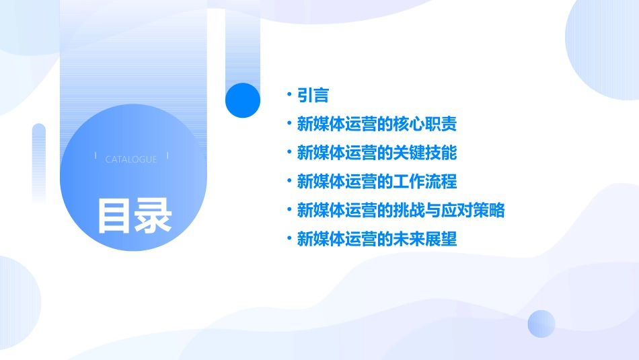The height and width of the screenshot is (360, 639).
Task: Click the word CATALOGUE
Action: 131,159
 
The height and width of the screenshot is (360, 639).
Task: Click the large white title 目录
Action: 135,215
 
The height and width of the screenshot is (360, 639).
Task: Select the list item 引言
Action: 313,96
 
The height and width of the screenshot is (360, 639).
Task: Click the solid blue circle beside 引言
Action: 243,100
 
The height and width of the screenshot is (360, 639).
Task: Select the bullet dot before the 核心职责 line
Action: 289,124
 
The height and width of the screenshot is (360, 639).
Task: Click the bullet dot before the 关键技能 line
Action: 289,153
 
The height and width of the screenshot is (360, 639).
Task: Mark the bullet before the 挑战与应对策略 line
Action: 289,210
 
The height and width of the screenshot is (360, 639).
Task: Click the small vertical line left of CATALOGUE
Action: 96,156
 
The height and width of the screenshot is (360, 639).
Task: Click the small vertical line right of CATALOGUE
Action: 167,156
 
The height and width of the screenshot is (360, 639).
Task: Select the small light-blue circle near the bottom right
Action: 541,324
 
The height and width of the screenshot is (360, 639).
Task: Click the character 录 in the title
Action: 154,215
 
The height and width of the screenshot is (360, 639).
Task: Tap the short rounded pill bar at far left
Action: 39,161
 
